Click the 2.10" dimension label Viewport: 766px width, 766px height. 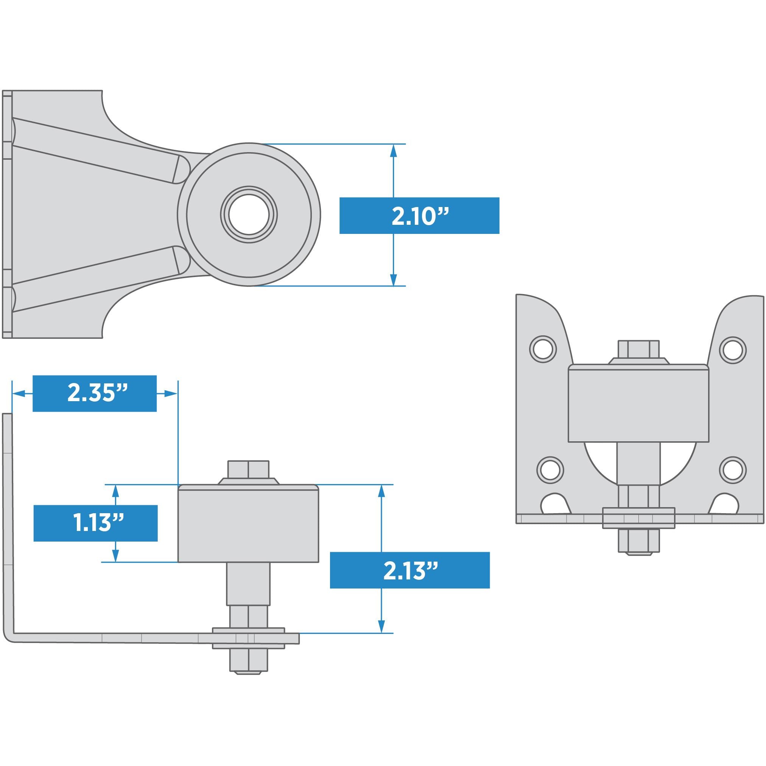(419, 215)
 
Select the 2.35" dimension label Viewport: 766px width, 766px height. (94, 394)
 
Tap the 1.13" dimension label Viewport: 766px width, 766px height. (95, 523)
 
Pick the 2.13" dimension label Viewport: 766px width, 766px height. (409, 570)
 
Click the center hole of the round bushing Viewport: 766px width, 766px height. (249, 215)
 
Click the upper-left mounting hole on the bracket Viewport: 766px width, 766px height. (543, 349)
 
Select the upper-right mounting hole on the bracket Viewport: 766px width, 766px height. (733, 350)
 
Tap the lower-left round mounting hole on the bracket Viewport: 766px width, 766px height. (550, 470)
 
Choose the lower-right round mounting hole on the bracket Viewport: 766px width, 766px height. (733, 470)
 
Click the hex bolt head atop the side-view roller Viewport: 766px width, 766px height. (248, 469)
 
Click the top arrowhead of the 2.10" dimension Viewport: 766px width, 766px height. (393, 151)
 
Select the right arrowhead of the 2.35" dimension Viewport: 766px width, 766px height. (170, 394)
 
